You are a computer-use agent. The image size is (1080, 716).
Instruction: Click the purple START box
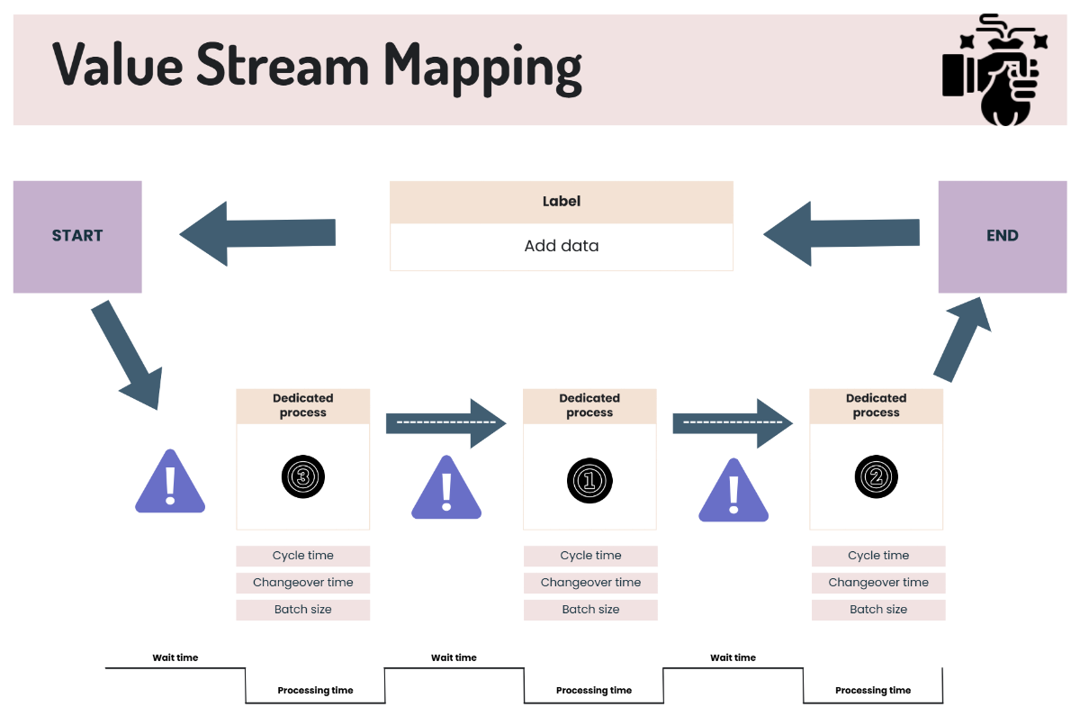click(77, 236)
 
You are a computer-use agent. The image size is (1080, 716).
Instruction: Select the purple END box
click(1002, 236)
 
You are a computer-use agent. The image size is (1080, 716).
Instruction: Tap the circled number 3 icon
click(302, 476)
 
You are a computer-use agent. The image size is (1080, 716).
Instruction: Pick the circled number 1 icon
click(589, 480)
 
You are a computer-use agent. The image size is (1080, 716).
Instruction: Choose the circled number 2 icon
click(877, 478)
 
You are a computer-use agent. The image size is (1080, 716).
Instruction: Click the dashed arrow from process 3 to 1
click(445, 422)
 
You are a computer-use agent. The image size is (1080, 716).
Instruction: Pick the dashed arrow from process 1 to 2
click(733, 422)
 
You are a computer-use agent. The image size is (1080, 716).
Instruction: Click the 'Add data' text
click(561, 246)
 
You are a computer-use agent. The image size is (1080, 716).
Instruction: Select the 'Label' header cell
click(561, 202)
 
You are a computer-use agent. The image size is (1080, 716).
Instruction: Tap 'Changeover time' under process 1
click(590, 583)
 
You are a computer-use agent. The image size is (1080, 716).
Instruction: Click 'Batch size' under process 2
click(878, 610)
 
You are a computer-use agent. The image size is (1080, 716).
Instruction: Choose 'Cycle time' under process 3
click(302, 556)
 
